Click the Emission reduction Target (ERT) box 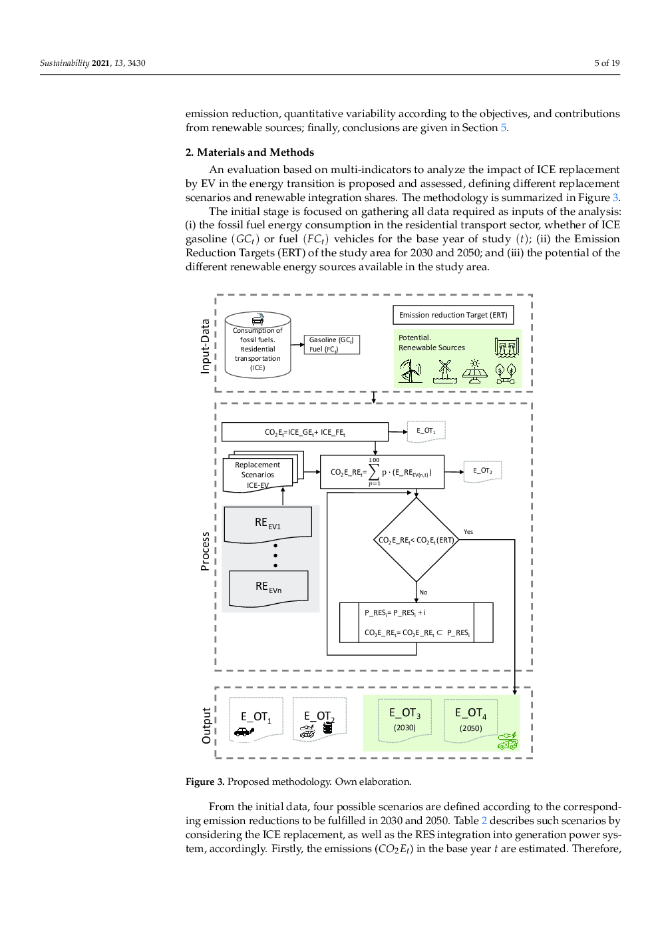coord(453,315)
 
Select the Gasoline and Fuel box coord(332,344)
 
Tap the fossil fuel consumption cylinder coord(257,344)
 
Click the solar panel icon coord(474,371)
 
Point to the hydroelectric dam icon coord(507,347)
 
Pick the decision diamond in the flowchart coord(416,539)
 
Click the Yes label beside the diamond coord(468,532)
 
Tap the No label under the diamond coord(423,592)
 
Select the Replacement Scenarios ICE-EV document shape coord(263,471)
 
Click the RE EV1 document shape coord(268,525)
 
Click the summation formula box coord(382,471)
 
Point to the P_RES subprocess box coord(416,622)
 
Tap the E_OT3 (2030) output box coord(405,720)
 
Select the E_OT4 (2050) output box coord(471,720)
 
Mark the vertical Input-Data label coord(205,346)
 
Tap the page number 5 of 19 coord(607,63)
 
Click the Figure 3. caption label coord(205,782)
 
